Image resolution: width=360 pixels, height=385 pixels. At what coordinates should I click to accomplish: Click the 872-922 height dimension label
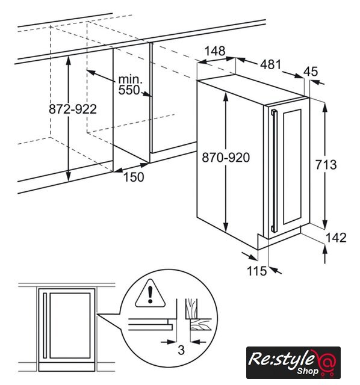point(73,109)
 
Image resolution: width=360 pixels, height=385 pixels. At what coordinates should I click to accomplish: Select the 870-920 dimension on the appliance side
point(226,158)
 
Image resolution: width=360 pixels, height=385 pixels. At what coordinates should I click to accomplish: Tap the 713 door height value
point(326,164)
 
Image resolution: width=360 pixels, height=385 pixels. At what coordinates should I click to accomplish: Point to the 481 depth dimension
point(270,64)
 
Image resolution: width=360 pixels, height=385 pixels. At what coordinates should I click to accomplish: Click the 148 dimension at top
point(215,51)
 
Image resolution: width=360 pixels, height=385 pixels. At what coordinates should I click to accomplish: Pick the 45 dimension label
point(311,72)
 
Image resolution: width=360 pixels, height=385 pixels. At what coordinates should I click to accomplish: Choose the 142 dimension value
point(336,238)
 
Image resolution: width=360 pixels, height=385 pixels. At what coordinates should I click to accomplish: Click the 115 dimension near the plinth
point(256,271)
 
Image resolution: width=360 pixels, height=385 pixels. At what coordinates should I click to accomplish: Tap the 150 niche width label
point(134,177)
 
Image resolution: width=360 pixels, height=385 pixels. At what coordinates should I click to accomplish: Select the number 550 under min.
point(129,90)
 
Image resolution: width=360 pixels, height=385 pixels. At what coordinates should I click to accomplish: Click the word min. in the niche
point(130,79)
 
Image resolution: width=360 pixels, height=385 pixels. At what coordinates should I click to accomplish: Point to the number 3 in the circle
point(181,350)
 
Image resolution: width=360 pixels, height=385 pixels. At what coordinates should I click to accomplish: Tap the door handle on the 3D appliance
point(274,171)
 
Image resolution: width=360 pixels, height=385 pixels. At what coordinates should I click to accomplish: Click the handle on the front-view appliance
point(45,325)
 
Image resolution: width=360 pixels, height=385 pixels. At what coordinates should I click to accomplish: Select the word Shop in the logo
point(308,371)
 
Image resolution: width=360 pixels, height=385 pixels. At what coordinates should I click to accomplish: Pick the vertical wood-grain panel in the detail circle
point(191,309)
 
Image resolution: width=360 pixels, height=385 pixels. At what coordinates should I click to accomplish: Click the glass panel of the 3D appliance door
point(292,167)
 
